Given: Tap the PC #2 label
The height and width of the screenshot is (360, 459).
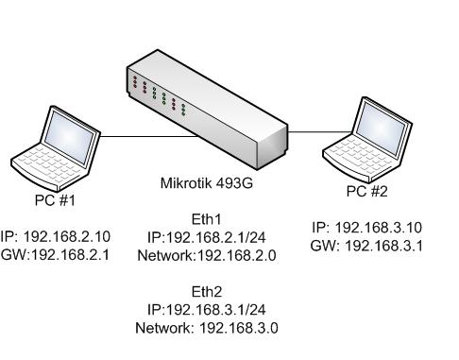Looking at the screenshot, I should click(367, 190).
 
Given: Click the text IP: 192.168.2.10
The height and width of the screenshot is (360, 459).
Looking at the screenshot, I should click(57, 236).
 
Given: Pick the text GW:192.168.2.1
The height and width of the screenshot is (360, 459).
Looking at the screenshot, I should click(57, 252).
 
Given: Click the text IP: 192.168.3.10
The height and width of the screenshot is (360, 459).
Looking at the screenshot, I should click(366, 229).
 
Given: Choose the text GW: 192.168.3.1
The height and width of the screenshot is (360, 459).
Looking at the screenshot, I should click(366, 245).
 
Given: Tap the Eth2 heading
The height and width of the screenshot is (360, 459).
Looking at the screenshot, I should click(206, 292).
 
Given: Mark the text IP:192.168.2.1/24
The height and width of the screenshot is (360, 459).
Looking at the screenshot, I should click(206, 237).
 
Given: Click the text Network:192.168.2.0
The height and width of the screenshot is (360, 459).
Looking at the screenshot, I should click(206, 254).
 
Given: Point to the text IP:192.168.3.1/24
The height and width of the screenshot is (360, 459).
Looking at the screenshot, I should click(206, 310).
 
